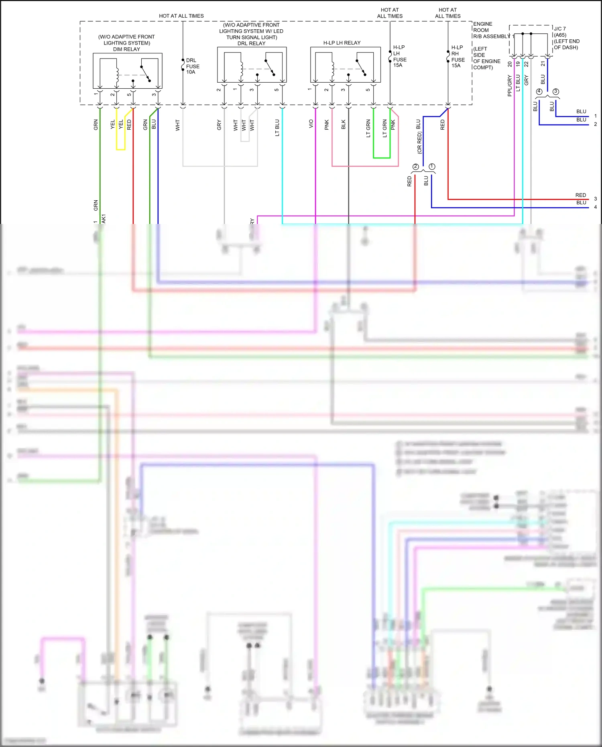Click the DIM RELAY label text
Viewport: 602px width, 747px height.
click(x=126, y=49)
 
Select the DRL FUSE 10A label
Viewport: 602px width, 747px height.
click(x=192, y=66)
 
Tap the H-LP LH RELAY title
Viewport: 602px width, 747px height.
click(x=342, y=43)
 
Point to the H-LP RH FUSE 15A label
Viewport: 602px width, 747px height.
click(x=458, y=57)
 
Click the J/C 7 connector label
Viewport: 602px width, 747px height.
click(x=559, y=29)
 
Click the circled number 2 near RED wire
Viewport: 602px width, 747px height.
click(x=415, y=167)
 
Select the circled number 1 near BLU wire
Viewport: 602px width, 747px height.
click(x=432, y=166)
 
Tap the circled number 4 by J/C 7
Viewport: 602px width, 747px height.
click(x=539, y=92)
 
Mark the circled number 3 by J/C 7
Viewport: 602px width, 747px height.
click(x=556, y=92)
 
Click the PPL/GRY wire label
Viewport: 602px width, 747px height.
click(x=510, y=85)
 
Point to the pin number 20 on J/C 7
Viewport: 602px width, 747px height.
click(x=510, y=64)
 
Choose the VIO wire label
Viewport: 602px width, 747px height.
click(x=311, y=124)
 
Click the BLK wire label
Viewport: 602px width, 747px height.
click(x=344, y=125)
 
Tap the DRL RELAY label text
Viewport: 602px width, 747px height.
click(x=251, y=43)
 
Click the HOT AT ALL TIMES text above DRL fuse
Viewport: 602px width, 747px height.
click(x=181, y=16)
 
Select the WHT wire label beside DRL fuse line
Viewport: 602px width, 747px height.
click(x=178, y=125)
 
